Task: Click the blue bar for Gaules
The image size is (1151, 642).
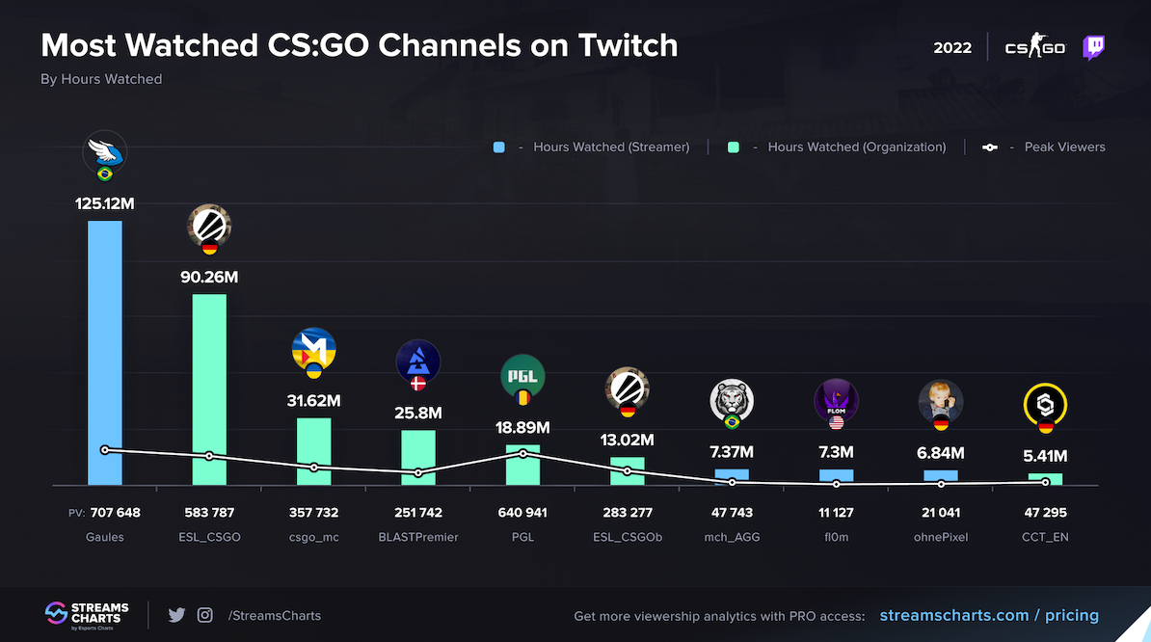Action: point(105,353)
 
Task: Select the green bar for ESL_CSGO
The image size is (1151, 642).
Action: point(209,389)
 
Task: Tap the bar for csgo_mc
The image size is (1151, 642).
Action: point(313,451)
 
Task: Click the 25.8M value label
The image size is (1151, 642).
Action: point(418,413)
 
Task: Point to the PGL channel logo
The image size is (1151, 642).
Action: point(522,376)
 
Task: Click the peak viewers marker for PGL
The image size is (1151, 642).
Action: point(522,453)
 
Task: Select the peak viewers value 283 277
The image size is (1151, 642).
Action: point(627,513)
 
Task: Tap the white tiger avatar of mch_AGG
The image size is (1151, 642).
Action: point(732,399)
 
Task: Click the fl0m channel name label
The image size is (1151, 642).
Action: point(836,537)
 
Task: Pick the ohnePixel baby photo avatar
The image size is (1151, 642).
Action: point(940,399)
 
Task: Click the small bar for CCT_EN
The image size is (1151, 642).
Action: point(1045,479)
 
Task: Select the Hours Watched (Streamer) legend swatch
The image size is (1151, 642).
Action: point(498,147)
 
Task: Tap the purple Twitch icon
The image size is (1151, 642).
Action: point(1093,47)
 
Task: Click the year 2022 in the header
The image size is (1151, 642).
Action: point(952,48)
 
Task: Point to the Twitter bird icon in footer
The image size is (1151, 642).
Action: point(176,615)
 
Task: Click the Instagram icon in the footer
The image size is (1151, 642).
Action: point(204,615)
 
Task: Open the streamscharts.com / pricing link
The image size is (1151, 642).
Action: point(981,615)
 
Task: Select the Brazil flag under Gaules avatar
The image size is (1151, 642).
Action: point(105,174)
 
